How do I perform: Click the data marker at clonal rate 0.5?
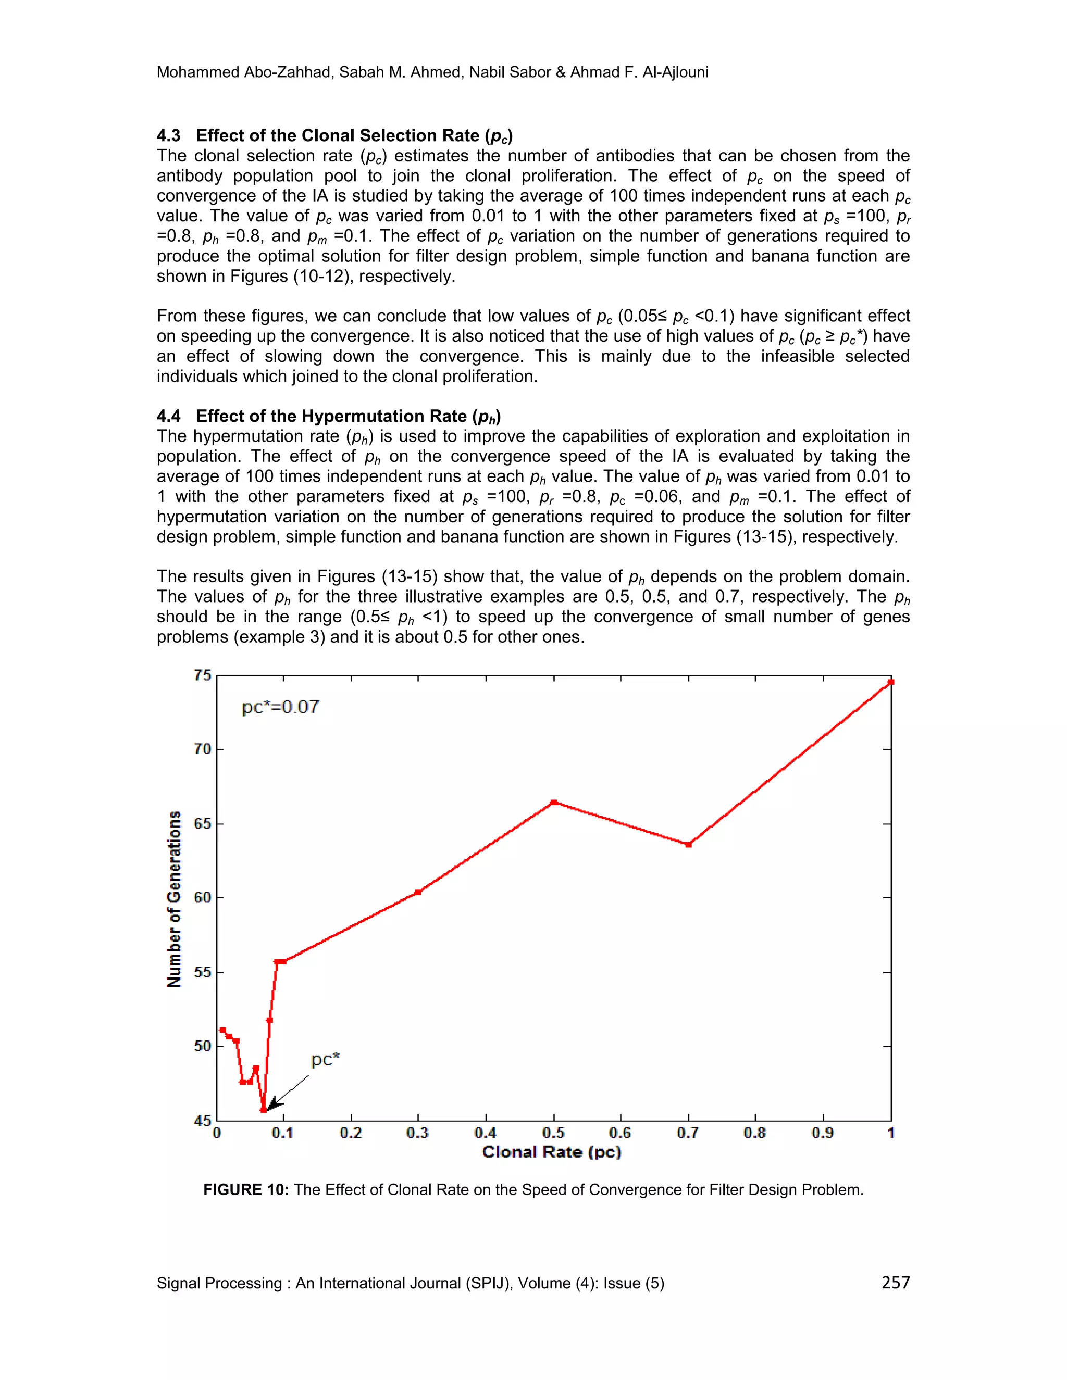point(554,802)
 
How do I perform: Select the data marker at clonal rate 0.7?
point(688,845)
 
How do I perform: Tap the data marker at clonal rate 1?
point(890,682)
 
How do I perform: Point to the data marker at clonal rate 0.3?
point(418,892)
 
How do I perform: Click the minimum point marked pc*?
point(264,1110)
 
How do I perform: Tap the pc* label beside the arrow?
point(325,1060)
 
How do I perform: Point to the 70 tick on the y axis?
point(202,749)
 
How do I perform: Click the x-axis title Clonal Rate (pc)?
point(551,1152)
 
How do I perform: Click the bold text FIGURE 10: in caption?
point(246,1190)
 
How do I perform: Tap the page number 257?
point(895,1282)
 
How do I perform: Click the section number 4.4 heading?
point(168,416)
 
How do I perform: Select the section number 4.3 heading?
point(168,135)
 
